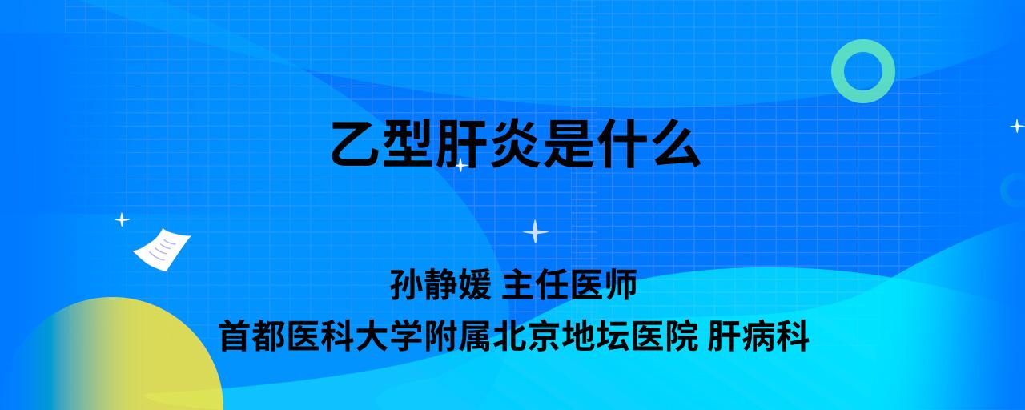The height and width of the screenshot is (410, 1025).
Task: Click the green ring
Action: click(x=837, y=71)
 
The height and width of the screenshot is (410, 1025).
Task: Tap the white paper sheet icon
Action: click(x=162, y=250)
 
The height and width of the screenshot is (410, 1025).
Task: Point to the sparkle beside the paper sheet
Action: click(x=122, y=220)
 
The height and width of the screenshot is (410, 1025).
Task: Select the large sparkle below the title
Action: click(x=536, y=231)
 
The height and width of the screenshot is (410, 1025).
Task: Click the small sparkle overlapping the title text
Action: click(x=460, y=165)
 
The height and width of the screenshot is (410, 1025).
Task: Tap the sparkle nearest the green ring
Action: click(x=1017, y=126)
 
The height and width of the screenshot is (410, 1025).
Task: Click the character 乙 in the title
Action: click(x=355, y=143)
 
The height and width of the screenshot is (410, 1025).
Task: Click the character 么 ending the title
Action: click(x=677, y=143)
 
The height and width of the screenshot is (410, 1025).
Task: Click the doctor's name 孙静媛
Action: click(x=440, y=284)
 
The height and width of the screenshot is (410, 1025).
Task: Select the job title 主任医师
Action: click(x=569, y=284)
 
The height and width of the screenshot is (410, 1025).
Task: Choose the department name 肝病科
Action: click(x=758, y=336)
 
